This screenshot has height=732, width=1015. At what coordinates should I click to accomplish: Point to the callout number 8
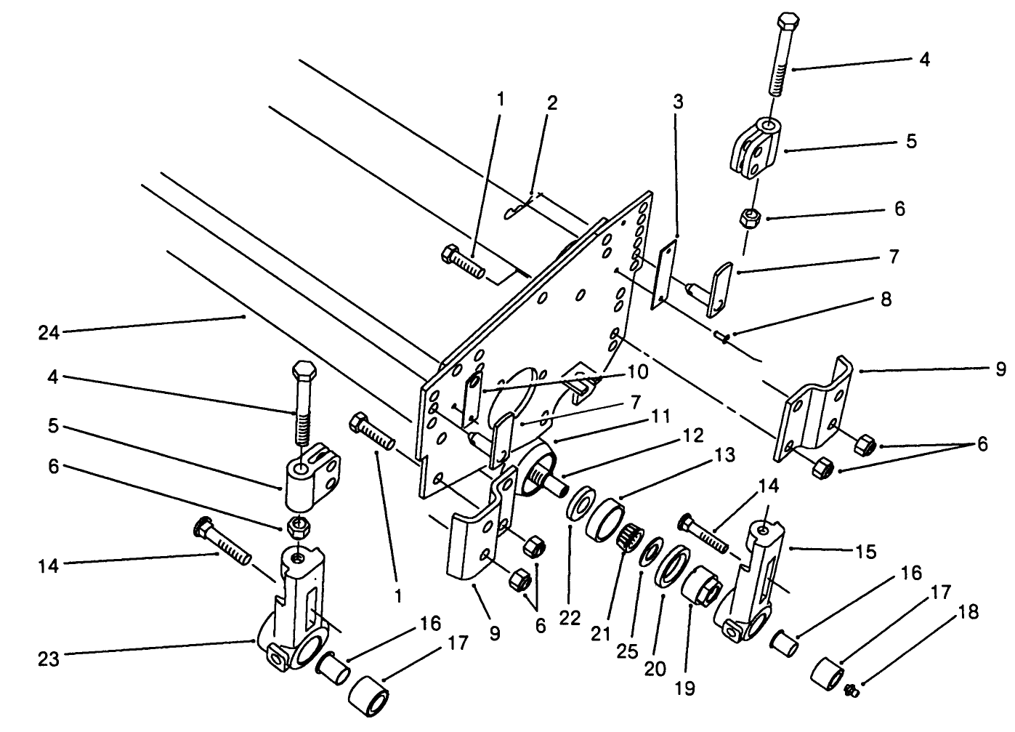[x=885, y=299]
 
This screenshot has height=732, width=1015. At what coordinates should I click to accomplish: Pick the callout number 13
[x=724, y=456]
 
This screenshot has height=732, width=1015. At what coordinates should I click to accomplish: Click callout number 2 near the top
[x=552, y=102]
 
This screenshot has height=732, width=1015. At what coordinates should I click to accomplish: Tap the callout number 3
[x=677, y=102]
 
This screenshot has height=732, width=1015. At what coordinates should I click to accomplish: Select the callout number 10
[x=637, y=372]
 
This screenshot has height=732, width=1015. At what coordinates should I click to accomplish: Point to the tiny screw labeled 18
[x=854, y=691]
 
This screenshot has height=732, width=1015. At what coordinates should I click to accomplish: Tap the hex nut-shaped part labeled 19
[x=703, y=587]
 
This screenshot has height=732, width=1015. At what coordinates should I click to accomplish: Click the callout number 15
[x=865, y=552]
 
